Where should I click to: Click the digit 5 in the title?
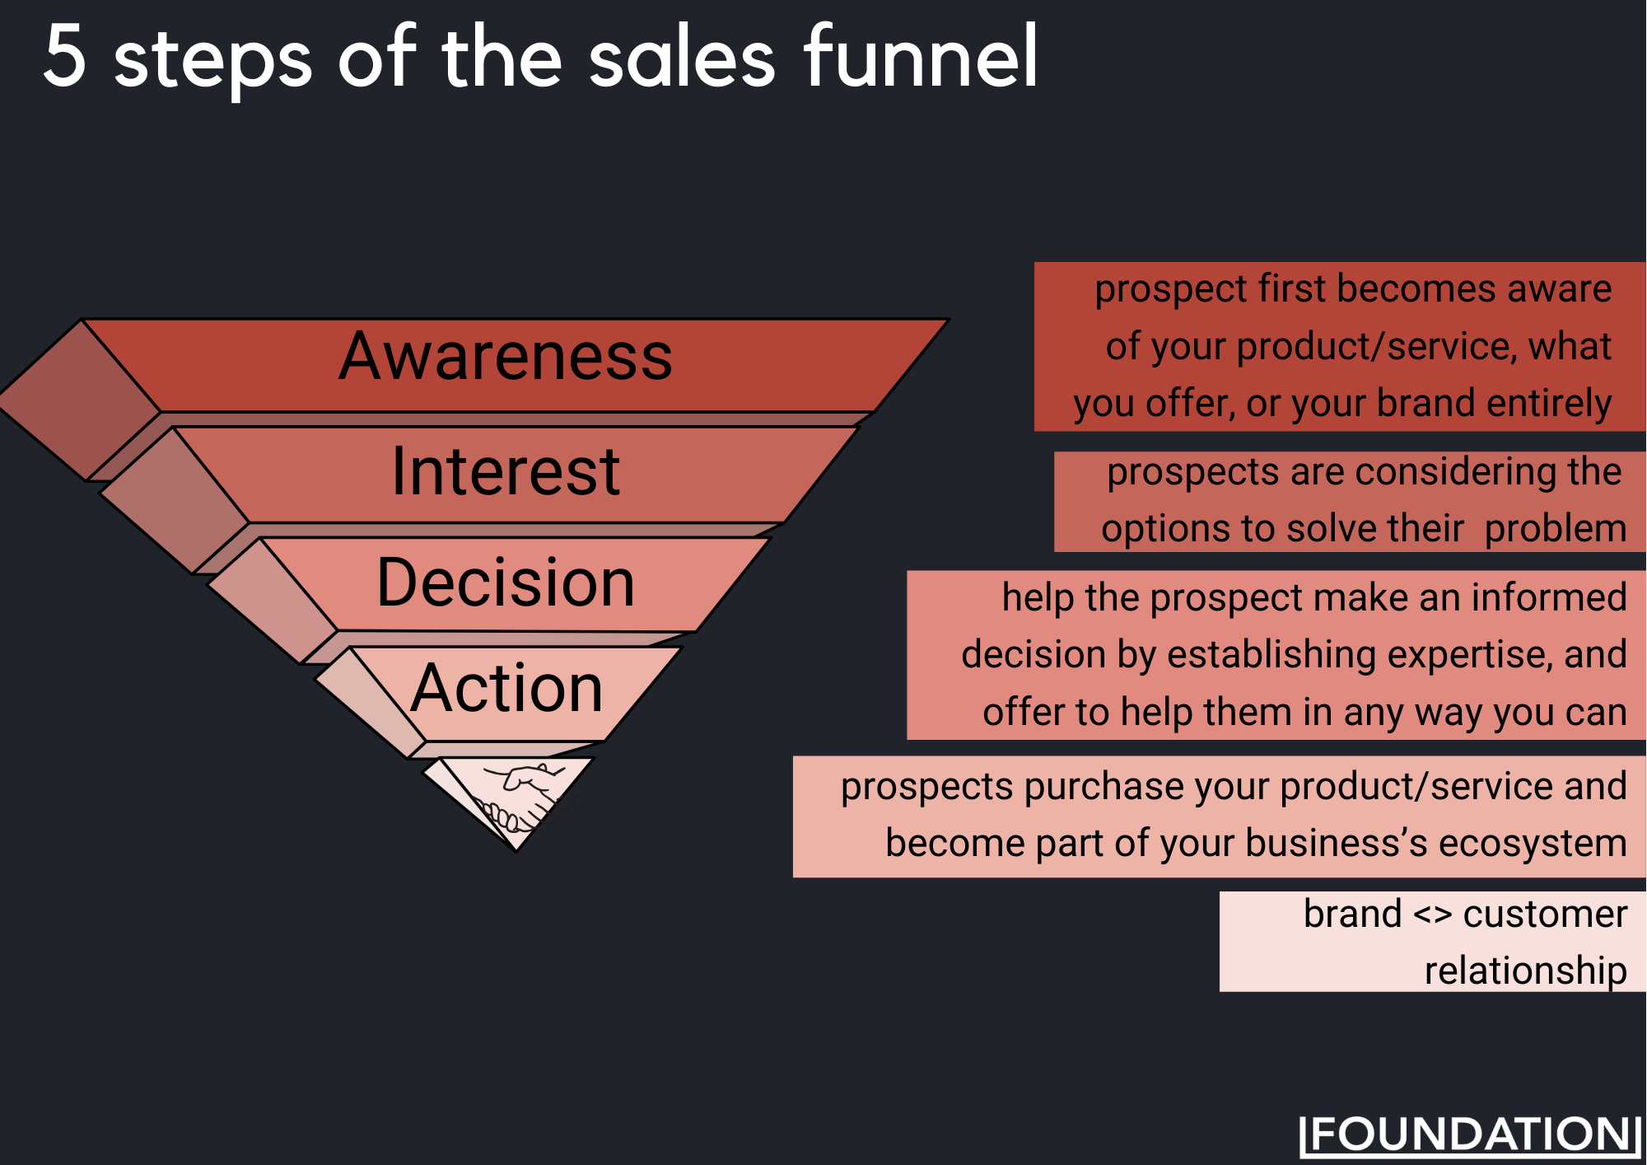point(65,55)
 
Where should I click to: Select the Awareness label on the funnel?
point(506,357)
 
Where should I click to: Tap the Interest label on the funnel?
point(506,471)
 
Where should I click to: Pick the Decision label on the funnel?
point(506,582)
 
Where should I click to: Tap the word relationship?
point(1525,971)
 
